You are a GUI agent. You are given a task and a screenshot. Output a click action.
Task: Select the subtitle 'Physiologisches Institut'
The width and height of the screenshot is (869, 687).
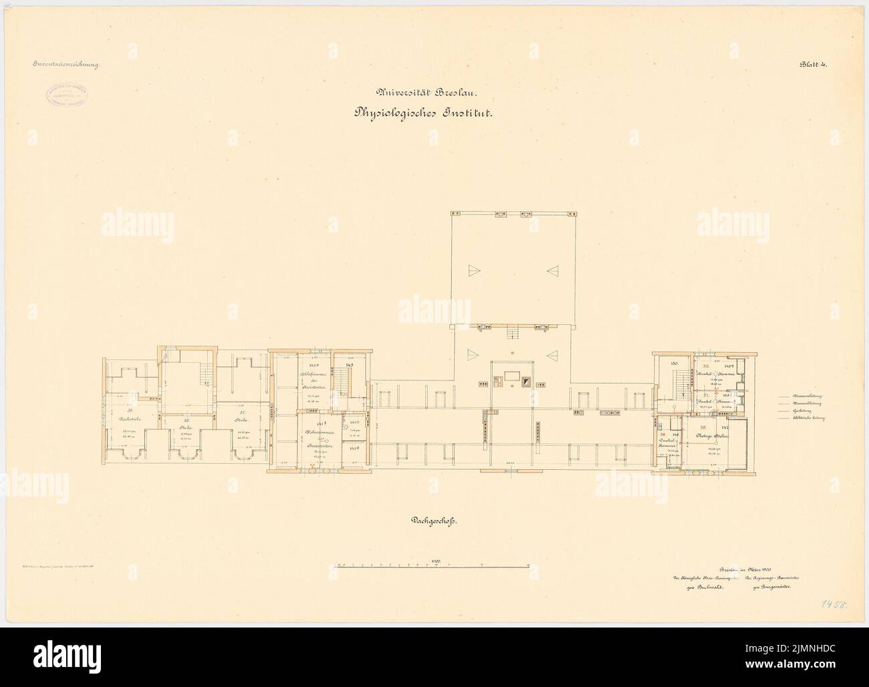pyautogui.click(x=424, y=114)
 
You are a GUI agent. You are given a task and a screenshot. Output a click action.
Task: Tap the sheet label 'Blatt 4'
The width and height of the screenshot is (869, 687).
pyautogui.click(x=813, y=65)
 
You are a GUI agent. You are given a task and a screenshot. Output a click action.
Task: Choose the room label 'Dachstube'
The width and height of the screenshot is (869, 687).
pyautogui.click(x=130, y=418)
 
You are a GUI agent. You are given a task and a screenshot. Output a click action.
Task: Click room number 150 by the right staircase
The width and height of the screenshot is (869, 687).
pyautogui.click(x=674, y=363)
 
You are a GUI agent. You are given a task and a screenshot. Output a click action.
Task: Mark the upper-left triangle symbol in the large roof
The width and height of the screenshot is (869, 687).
pyautogui.click(x=473, y=269)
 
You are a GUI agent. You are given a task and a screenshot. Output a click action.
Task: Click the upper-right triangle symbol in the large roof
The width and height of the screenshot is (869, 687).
pyautogui.click(x=552, y=269)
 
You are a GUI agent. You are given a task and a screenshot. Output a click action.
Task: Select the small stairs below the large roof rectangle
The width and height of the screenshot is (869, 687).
pyautogui.click(x=513, y=333)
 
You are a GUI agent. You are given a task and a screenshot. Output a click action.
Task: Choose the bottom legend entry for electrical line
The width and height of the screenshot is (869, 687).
pyautogui.click(x=795, y=419)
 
